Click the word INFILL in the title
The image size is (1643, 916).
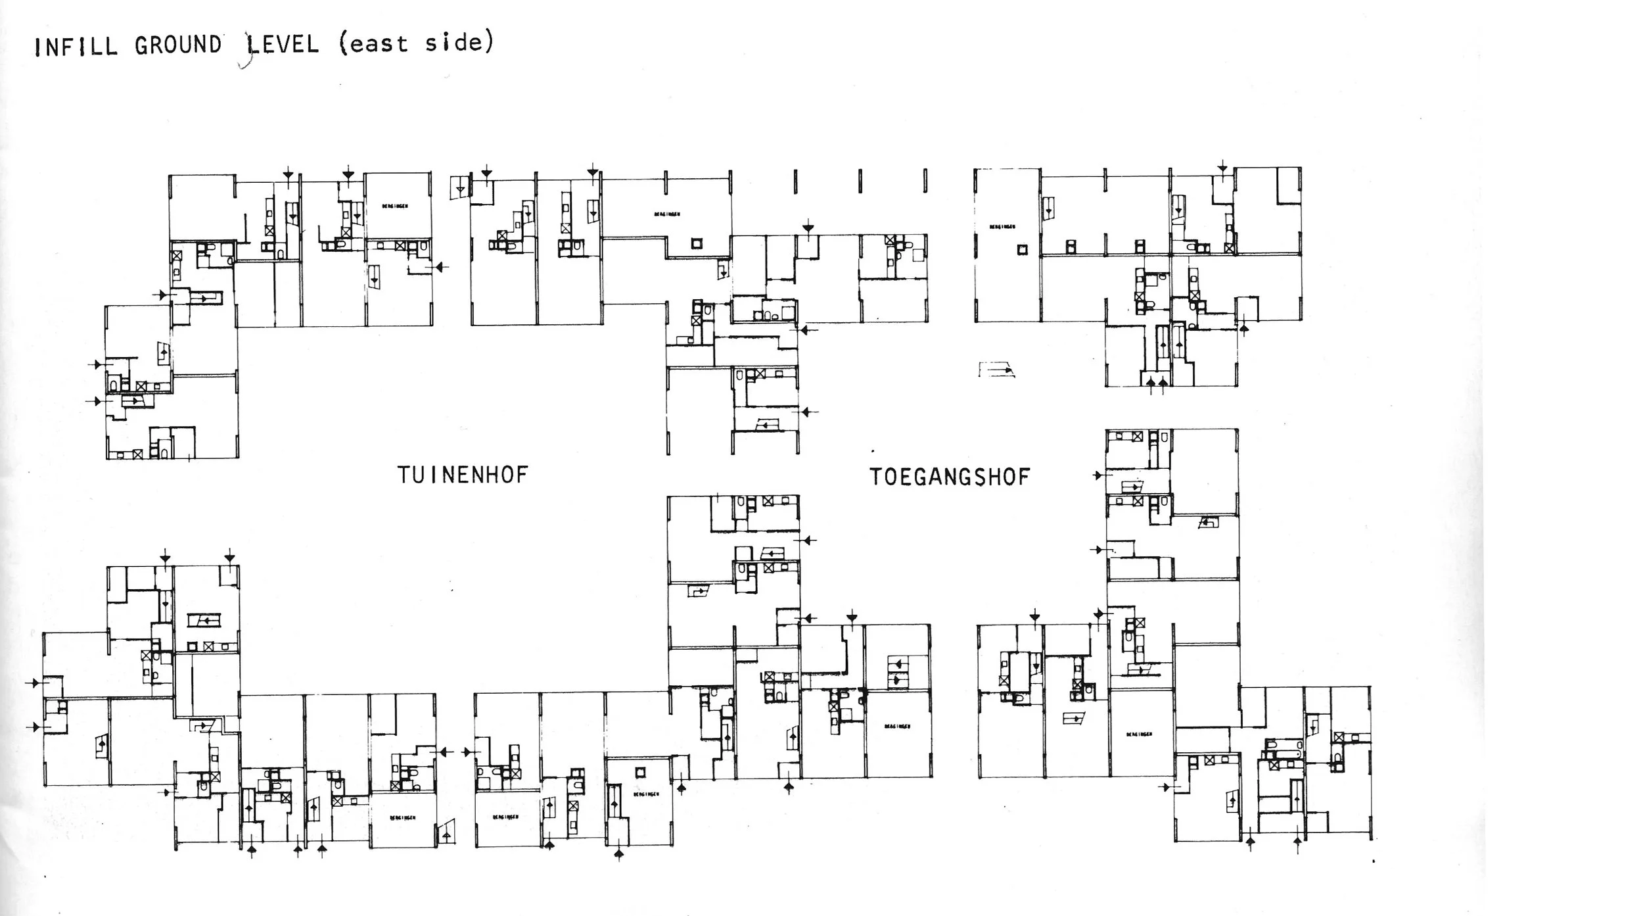pos(76,47)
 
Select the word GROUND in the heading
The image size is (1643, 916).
pos(178,45)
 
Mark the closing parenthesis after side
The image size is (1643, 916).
pos(488,42)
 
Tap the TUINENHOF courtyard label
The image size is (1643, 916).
pos(463,475)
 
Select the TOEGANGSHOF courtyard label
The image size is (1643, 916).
pos(950,477)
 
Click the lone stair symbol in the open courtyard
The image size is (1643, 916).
pos(996,370)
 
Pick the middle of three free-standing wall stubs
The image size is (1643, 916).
pos(860,181)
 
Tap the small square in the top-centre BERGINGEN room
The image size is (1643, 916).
pos(697,244)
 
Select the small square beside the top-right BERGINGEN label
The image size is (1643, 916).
pos(1022,249)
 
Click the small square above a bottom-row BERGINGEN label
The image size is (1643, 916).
pos(640,772)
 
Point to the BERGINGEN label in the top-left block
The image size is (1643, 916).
pos(395,206)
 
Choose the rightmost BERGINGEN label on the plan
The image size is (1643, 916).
pos(1138,734)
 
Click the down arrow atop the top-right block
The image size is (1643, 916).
pos(1222,168)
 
